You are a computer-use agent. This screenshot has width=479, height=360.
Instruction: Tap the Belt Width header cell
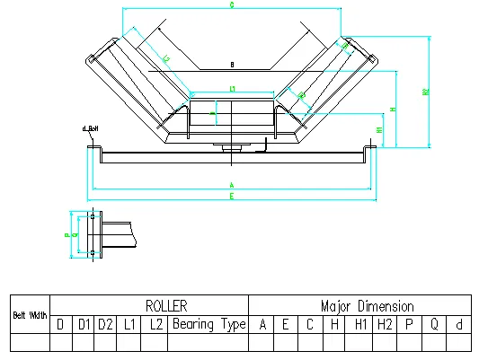30,315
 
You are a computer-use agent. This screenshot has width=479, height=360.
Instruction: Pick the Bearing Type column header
208,324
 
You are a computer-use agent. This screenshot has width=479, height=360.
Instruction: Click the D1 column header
83,324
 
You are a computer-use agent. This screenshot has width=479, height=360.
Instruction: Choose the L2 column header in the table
155,324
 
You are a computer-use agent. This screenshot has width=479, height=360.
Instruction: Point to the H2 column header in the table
385,324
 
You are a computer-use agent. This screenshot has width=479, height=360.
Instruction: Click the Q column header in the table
433,324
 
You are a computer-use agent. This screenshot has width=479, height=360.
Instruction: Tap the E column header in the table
285,324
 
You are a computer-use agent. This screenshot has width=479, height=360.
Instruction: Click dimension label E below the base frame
231,195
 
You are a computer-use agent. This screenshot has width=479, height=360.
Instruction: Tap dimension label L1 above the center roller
232,88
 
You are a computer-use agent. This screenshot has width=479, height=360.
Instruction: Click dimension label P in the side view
67,236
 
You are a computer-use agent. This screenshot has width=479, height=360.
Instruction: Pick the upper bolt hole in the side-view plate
92,217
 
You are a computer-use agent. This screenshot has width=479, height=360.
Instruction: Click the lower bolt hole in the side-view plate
92,255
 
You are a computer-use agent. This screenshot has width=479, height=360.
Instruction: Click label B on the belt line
231,65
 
